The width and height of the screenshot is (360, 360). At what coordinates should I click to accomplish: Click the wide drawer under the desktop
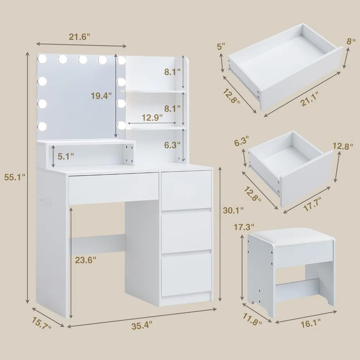click(113, 188)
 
